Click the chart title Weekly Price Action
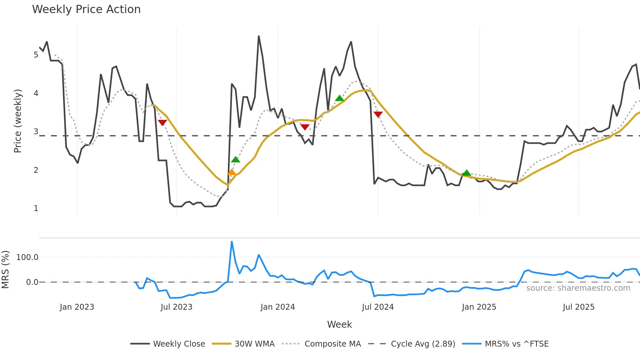[86, 9]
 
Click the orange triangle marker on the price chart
[232, 172]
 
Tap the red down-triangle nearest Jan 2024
[305, 127]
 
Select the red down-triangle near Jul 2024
[378, 114]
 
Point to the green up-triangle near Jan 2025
[467, 173]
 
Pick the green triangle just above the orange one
[235, 159]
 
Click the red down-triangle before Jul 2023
[162, 123]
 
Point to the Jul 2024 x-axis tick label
[378, 307]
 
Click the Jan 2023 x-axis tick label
[77, 307]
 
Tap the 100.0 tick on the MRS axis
[27, 257]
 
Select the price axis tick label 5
[36, 55]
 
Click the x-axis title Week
[339, 324]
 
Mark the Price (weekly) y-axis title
[18, 121]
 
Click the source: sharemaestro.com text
[578, 288]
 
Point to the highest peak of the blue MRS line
[232, 242]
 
